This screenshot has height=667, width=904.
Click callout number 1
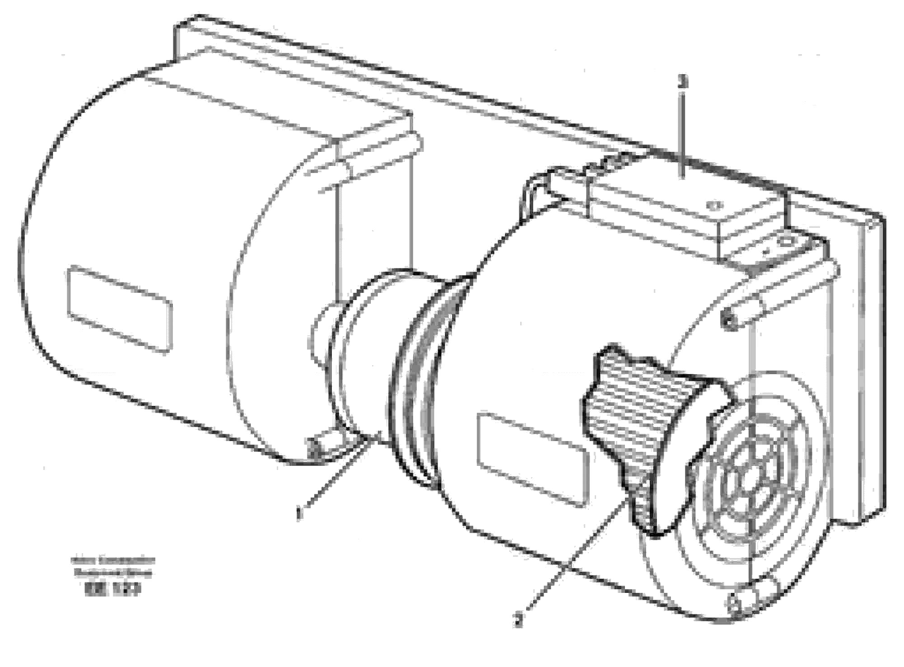298,514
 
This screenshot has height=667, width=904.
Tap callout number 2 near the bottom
519,620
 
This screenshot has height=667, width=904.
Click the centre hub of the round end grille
752,477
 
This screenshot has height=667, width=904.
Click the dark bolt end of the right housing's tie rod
727,322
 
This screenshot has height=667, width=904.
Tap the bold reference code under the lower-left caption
112,589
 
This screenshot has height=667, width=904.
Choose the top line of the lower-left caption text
113,561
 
